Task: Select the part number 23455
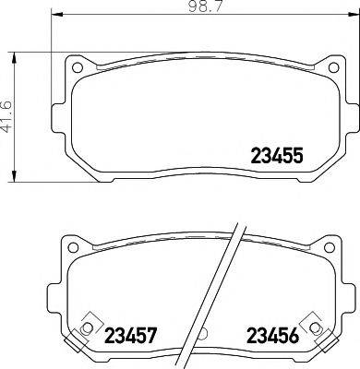tap(279, 157)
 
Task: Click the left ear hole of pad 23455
tap(78, 67)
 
